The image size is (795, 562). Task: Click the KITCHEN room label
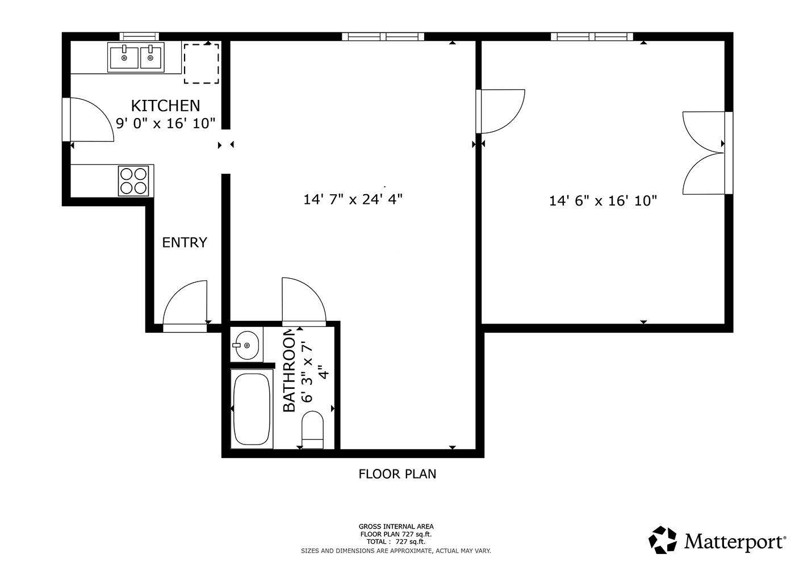165,106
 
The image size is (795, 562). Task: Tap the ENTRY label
185,242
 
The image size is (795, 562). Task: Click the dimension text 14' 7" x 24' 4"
353,199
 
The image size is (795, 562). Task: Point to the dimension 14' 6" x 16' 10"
602,200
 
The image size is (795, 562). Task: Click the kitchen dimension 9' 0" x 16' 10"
165,123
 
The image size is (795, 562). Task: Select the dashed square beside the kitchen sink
202,64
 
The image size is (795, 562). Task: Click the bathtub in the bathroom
251,408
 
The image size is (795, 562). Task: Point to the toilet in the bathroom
312,429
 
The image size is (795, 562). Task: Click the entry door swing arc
185,303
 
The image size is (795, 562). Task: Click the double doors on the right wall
705,153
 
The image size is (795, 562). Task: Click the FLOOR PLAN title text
397,474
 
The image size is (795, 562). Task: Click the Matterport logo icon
663,540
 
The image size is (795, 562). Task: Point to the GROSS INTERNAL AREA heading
396,527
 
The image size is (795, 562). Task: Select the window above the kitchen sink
139,36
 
